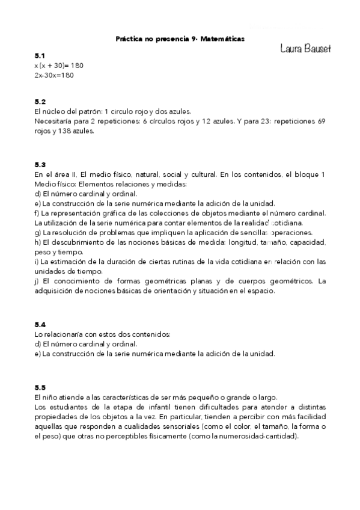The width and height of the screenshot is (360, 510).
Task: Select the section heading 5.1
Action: [x=40, y=55]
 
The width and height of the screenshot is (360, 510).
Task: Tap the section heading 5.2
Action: [x=40, y=102]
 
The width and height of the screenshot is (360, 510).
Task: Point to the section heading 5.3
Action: [x=40, y=164]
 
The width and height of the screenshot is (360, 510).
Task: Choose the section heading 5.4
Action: [x=40, y=324]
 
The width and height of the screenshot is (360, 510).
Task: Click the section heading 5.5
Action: [x=40, y=387]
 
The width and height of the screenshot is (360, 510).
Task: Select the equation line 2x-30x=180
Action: [x=55, y=75]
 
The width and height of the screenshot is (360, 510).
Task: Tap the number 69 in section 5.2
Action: [x=321, y=121]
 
